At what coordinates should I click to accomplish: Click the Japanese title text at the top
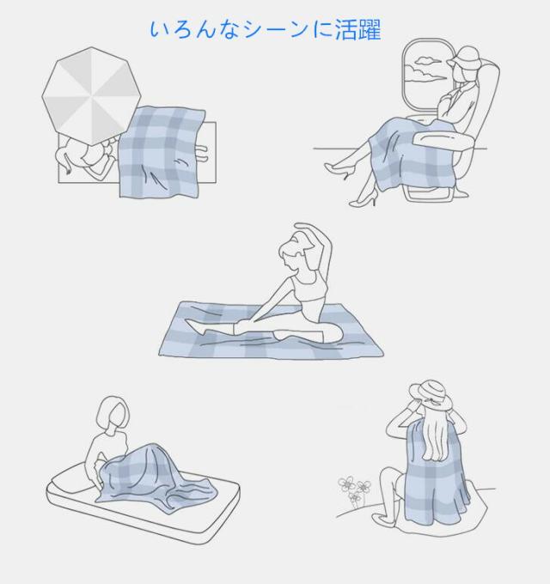click(266, 29)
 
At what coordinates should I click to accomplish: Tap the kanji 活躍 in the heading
click(358, 29)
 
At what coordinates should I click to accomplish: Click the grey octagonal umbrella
click(91, 95)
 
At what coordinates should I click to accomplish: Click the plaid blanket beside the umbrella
click(161, 151)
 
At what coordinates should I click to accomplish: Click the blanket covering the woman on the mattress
click(156, 478)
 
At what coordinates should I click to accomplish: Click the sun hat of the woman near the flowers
click(431, 396)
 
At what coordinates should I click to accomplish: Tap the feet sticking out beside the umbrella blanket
click(201, 153)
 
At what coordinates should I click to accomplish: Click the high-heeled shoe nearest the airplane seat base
click(363, 200)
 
